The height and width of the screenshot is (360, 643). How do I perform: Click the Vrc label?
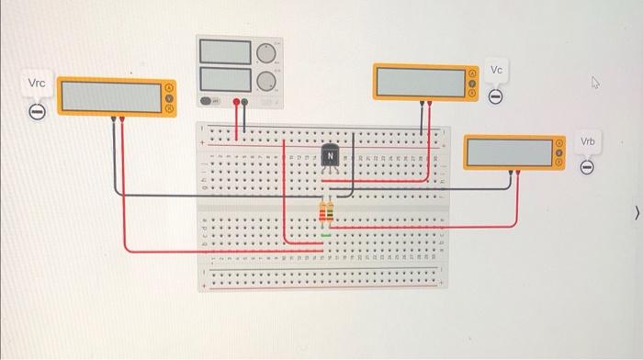[37, 84]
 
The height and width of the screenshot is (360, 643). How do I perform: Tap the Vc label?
[496, 71]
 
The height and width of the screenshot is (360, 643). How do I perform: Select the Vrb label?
[588, 142]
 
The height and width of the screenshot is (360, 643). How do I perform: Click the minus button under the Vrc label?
[37, 111]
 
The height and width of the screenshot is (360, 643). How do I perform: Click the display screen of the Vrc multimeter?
[110, 96]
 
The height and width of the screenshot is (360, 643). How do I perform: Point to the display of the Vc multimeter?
[420, 81]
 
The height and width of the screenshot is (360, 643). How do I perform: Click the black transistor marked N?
[329, 157]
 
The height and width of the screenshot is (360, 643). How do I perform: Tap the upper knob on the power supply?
[267, 52]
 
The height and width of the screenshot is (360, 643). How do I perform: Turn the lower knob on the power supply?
[267, 80]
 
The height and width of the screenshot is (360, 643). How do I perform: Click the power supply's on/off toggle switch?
[209, 101]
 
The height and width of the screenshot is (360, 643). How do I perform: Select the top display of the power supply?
[225, 52]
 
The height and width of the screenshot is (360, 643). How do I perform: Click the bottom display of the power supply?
[225, 79]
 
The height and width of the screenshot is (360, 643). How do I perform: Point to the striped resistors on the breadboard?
[326, 214]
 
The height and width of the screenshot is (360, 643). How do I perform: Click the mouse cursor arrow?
[595, 84]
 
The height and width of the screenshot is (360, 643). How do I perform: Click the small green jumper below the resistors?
[326, 235]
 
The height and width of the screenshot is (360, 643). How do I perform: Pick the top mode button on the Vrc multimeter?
[169, 87]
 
